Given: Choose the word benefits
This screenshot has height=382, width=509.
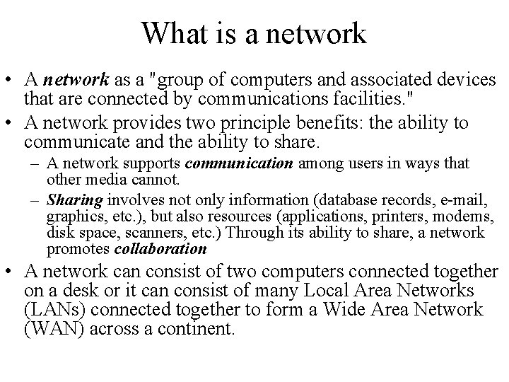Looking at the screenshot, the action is pos(336,122).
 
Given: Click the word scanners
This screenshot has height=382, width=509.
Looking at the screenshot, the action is pos(151,232).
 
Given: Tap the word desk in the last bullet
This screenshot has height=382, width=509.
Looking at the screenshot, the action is pos(105,291).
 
